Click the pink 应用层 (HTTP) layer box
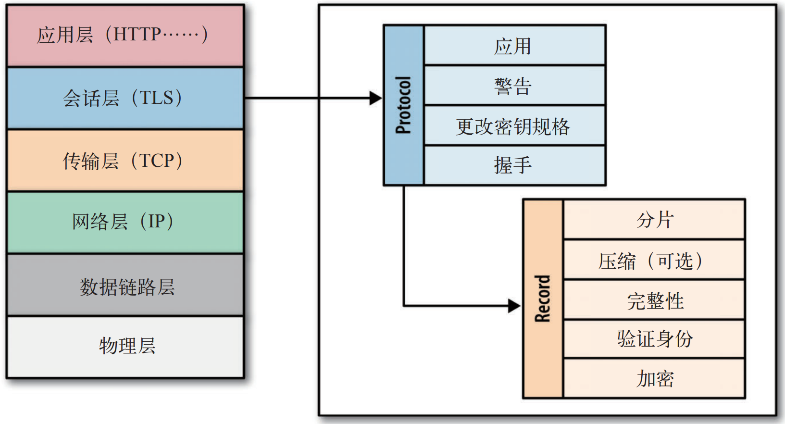[x=125, y=36]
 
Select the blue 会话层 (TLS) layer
[x=125, y=98]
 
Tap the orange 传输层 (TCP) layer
[x=125, y=161]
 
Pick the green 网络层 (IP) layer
[x=125, y=222]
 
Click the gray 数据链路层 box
[x=125, y=286]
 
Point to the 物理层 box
[x=125, y=346]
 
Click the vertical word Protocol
[x=403, y=105]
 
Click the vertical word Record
[x=542, y=298]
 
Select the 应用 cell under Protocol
[x=513, y=46]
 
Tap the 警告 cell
[x=513, y=86]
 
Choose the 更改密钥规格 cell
[x=513, y=126]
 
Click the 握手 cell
[x=513, y=165]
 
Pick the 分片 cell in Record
[x=654, y=220]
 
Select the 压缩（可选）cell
[x=654, y=261]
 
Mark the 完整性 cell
[x=654, y=300]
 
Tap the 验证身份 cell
[x=654, y=339]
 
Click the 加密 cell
[x=654, y=379]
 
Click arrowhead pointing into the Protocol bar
[x=375, y=98]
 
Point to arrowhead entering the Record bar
[x=514, y=305]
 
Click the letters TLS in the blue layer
[x=156, y=98]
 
